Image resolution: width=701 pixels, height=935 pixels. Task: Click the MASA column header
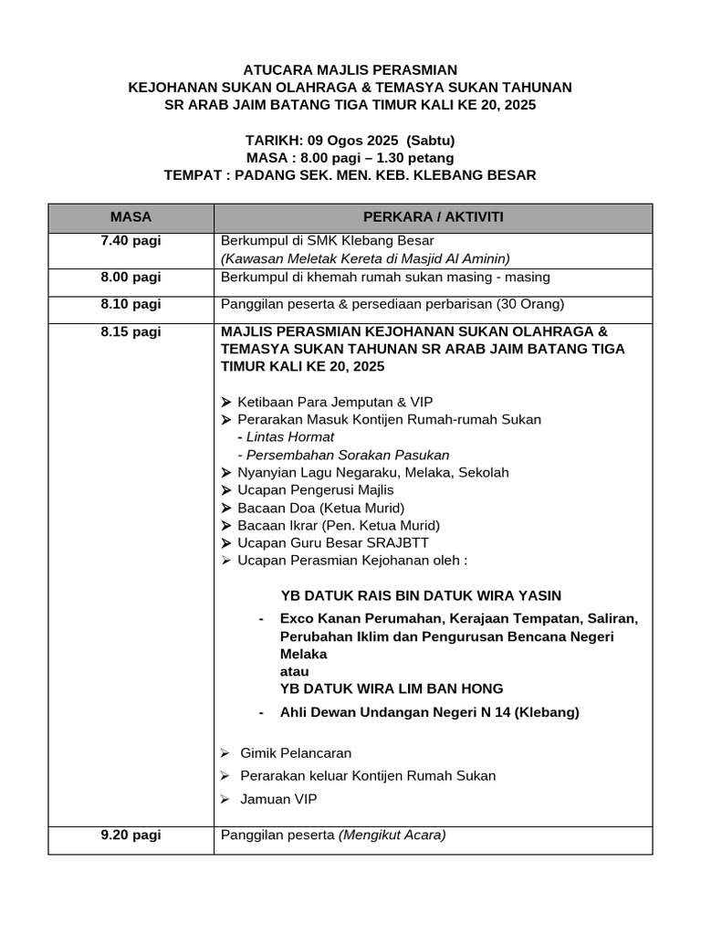(131, 217)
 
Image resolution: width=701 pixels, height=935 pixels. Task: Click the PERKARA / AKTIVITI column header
(433, 217)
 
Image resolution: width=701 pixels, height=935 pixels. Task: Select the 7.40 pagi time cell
(131, 241)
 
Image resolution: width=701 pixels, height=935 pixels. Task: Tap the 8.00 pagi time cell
(131, 278)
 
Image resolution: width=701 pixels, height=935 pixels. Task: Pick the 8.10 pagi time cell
(131, 304)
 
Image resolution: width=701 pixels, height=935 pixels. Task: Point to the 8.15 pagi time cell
(131, 331)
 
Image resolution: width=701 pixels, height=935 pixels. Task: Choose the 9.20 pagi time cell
(131, 835)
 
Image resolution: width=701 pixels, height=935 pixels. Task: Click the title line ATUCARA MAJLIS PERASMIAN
(350, 69)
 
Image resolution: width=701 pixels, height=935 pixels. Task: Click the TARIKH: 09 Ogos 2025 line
(350, 141)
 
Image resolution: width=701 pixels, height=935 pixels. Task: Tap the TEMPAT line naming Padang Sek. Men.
(350, 175)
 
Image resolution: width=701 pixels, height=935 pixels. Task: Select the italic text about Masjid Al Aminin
(365, 258)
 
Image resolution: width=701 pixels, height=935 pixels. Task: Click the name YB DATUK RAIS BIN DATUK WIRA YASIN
(421, 594)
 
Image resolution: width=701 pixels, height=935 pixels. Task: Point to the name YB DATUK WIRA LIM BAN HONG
(392, 688)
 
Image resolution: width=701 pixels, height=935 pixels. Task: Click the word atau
(295, 671)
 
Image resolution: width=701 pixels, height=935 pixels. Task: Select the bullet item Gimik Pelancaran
(295, 753)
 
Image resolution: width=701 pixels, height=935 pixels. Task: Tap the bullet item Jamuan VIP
(278, 799)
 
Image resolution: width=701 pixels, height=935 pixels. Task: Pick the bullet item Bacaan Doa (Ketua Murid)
(320, 508)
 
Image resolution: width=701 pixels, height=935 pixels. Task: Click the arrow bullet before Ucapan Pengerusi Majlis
(226, 490)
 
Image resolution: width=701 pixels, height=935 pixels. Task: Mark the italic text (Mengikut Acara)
(392, 835)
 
